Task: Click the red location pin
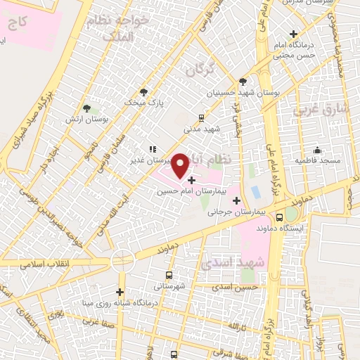coord(181,165)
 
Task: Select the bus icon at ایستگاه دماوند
coord(280,217)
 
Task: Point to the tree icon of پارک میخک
coord(144,92)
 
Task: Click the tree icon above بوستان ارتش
coord(86,109)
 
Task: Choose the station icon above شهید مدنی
coord(202,118)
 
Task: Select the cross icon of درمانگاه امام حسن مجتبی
coord(294,34)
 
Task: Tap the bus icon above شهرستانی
coord(168,275)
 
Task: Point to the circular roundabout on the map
coord(123,262)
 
